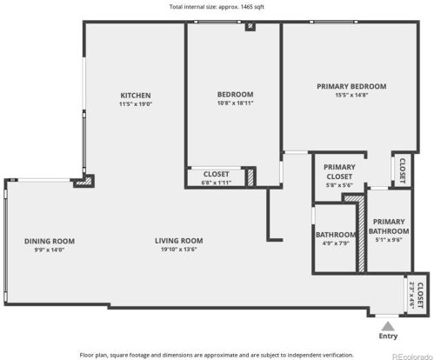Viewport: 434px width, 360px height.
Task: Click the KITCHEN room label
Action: click(x=136, y=96)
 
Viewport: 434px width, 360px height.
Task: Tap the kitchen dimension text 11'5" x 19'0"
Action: click(x=136, y=104)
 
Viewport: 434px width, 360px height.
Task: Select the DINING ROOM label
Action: click(x=50, y=241)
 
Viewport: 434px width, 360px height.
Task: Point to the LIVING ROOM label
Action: click(x=179, y=241)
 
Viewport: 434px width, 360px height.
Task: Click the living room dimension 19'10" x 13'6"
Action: click(x=179, y=250)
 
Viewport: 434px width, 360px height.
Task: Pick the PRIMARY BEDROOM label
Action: click(x=351, y=86)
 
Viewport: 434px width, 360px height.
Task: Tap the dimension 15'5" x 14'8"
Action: click(x=351, y=95)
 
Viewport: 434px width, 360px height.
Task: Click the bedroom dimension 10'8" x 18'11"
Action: click(x=235, y=103)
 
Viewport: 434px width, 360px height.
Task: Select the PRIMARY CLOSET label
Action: click(x=339, y=171)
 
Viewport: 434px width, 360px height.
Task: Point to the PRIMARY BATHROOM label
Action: click(x=389, y=226)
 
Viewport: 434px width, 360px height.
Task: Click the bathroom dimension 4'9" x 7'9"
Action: click(x=336, y=243)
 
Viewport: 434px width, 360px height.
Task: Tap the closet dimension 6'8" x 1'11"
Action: click(x=217, y=183)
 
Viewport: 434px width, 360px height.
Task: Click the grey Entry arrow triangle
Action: click(x=388, y=326)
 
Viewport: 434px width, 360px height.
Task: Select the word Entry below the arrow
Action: click(x=388, y=337)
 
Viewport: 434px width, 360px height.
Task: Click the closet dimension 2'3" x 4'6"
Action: click(x=411, y=295)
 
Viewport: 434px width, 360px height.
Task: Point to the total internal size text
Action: click(x=217, y=7)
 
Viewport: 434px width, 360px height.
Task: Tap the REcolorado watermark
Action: click(x=412, y=357)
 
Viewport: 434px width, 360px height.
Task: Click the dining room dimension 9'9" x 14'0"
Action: click(x=50, y=250)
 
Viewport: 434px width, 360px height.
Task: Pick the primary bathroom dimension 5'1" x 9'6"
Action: click(x=389, y=240)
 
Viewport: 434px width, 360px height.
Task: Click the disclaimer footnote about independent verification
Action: click(x=217, y=355)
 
